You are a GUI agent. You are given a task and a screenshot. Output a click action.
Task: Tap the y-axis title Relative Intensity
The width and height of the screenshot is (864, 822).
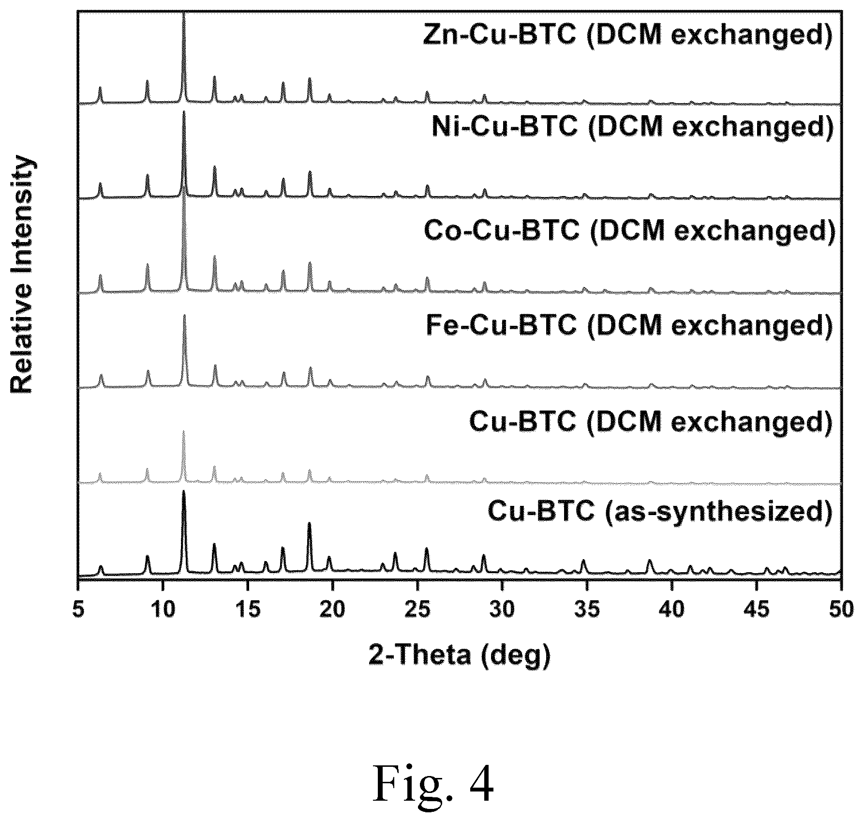(22, 275)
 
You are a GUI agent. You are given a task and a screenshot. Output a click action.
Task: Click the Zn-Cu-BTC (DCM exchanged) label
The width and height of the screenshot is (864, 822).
(627, 35)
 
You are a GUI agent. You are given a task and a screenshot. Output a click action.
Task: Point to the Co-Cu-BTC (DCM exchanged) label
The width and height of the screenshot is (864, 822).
(629, 231)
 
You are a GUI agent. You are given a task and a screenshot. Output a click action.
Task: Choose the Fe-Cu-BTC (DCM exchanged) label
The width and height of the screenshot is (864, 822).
(629, 325)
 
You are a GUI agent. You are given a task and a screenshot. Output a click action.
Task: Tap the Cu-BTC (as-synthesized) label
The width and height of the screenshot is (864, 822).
(660, 512)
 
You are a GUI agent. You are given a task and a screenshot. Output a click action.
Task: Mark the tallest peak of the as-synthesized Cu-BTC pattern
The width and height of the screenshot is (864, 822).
(184, 491)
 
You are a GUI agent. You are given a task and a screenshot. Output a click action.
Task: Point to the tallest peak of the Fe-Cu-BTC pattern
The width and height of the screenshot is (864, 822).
(184, 316)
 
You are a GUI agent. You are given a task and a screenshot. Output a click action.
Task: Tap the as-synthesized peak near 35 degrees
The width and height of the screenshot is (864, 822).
(583, 561)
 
